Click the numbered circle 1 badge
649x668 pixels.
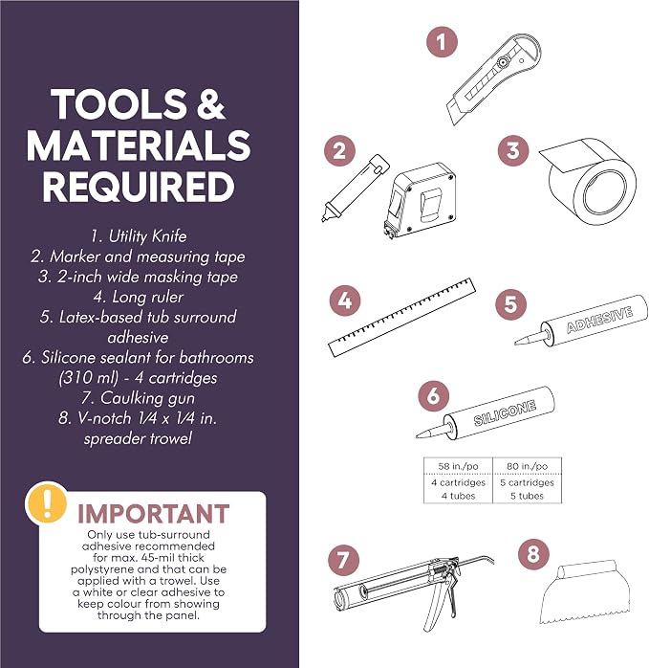pos(442,42)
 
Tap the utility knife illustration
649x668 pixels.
pos(493,79)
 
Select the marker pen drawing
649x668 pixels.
pos(355,189)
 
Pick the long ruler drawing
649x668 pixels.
pos(401,318)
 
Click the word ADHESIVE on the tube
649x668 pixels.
pos(599,320)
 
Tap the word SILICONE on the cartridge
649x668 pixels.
pos(505,412)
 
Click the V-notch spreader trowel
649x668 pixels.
pos(585,591)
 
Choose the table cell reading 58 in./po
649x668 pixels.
pos(458,466)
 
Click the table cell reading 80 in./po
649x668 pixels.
pos(527,466)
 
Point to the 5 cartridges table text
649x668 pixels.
pos(527,482)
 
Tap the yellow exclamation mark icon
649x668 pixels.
pos(47,503)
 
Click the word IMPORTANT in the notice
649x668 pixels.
pos(153,513)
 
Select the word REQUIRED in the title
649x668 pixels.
pos(139,187)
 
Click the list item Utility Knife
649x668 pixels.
pos(139,235)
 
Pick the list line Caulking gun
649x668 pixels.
pos(138,398)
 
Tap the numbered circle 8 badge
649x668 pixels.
pos(533,554)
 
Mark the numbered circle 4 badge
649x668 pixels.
pos(345,301)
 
